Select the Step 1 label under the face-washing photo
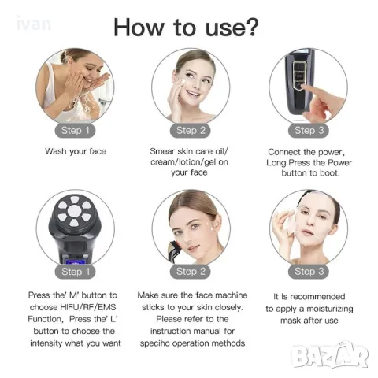point(76,131)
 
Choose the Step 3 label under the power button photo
point(309,131)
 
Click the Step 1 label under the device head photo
point(76,272)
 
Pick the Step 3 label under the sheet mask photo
point(309,272)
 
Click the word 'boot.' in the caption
point(328,173)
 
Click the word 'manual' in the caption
point(213,332)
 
